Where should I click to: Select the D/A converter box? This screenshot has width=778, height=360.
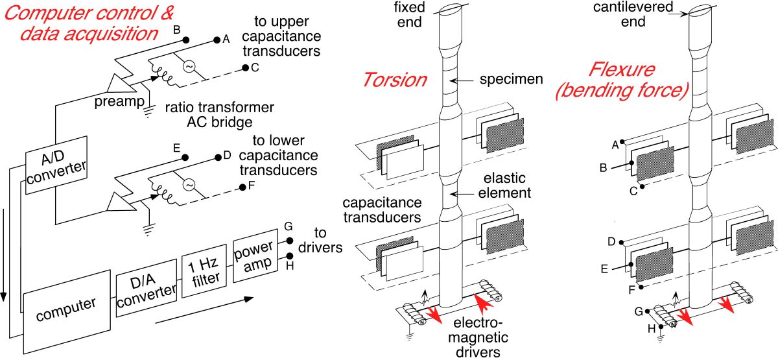[146, 293]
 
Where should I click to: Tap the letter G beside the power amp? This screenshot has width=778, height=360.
[288, 228]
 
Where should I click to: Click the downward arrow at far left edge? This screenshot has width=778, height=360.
[5, 259]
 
